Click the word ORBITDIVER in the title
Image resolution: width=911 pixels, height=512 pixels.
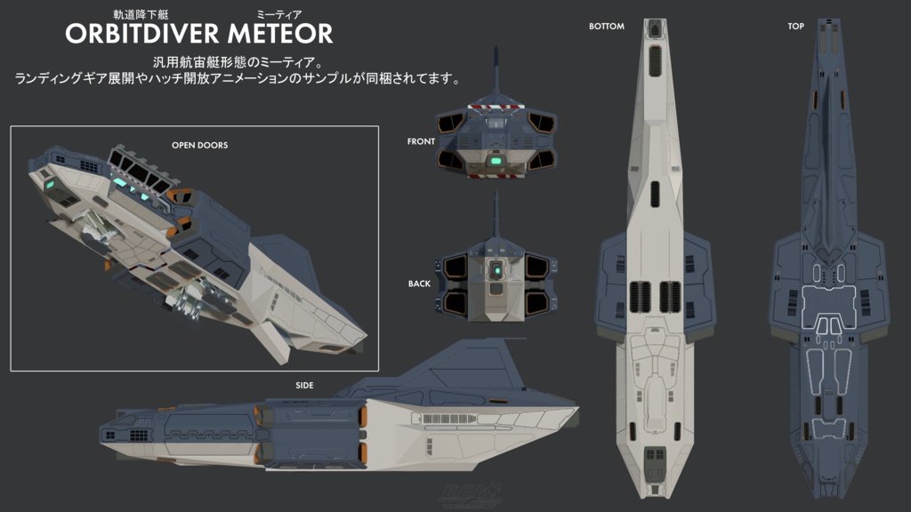pos(142,34)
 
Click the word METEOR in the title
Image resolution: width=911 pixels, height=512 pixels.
pos(279,34)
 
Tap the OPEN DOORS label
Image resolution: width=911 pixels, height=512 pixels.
pos(199,145)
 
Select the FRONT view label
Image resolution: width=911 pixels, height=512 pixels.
pos(421,141)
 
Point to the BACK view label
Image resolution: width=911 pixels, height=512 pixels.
pos(419,284)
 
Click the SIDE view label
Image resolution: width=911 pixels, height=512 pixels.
pos(304,385)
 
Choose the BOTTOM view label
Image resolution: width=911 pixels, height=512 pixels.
pos(607,27)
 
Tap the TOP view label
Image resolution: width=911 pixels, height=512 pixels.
pos(795,27)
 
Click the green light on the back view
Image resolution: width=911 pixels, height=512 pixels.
pos(496,268)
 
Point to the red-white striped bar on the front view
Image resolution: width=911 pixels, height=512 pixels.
pos(496,109)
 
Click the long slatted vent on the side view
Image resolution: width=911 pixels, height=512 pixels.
pos(449,417)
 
